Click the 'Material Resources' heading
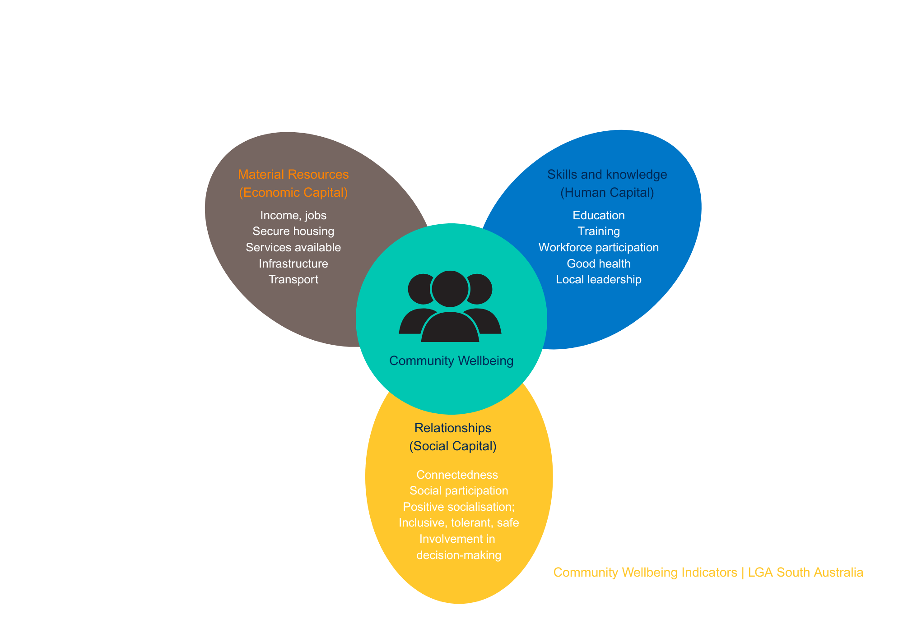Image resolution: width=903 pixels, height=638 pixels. point(293,174)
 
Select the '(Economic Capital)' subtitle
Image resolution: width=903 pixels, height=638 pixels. point(293,193)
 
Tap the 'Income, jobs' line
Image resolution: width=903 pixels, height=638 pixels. point(293,215)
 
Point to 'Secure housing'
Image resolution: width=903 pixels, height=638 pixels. point(293,231)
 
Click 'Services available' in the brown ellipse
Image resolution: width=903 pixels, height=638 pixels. point(293,248)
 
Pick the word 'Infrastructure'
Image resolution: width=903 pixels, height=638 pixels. point(293,264)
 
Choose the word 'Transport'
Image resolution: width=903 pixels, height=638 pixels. point(293,280)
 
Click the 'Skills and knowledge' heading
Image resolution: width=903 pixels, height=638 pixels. point(607,174)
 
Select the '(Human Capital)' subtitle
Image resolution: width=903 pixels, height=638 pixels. point(607,193)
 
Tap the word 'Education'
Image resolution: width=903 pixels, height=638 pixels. point(599,215)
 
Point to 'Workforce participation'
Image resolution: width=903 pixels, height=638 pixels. point(599,248)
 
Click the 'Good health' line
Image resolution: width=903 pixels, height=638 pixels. point(599,264)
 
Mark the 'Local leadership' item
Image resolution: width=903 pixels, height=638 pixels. point(599,280)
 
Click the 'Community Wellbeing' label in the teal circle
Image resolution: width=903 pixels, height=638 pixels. point(451,361)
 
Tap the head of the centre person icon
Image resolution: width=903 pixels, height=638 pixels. point(450,289)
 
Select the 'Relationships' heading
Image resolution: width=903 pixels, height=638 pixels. point(453,428)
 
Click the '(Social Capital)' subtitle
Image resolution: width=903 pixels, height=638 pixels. point(453,446)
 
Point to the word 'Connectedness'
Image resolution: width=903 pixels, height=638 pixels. point(457,475)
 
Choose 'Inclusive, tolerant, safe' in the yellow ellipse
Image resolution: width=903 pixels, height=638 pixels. point(459,523)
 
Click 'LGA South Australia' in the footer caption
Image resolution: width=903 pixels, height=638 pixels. point(805,573)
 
